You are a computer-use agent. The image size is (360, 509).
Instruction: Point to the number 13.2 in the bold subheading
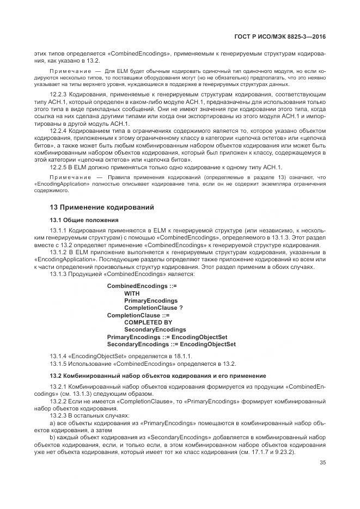pos(56,376)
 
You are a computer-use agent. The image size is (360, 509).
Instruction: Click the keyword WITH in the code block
pos(132,293)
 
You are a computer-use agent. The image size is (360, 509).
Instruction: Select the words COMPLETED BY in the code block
pos(148,322)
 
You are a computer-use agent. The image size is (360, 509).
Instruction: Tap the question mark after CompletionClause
pos(181,308)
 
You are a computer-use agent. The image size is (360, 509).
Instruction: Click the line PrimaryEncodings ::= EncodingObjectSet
pos(167,337)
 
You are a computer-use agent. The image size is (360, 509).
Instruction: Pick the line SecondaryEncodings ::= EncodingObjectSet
pos(171,344)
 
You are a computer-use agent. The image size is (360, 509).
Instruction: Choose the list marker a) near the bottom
pos(52,422)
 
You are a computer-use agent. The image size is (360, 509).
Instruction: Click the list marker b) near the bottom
pos(52,437)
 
